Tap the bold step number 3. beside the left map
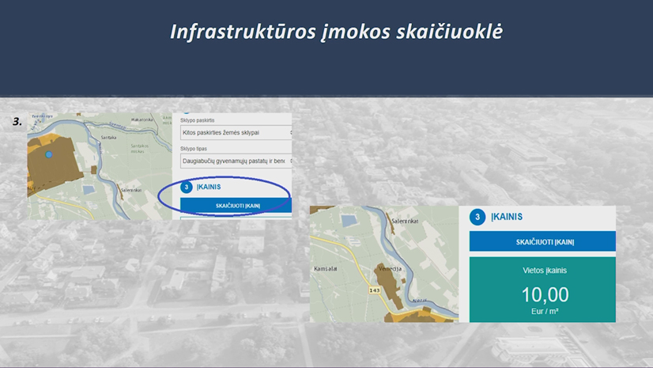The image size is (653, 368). pyautogui.click(x=17, y=122)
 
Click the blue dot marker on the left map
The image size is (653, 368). pyautogui.click(x=49, y=154)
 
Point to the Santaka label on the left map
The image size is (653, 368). pyautogui.click(x=109, y=137)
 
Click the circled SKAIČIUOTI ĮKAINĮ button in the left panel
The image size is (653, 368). pyautogui.click(x=238, y=206)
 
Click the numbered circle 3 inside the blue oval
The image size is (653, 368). pyautogui.click(x=187, y=188)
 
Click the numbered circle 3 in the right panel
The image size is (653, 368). pyautogui.click(x=477, y=217)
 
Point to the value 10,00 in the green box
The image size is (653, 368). pyautogui.click(x=545, y=295)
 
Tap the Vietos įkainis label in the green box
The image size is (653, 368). pyautogui.click(x=545, y=270)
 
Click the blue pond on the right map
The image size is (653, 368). pyautogui.click(x=347, y=220)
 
